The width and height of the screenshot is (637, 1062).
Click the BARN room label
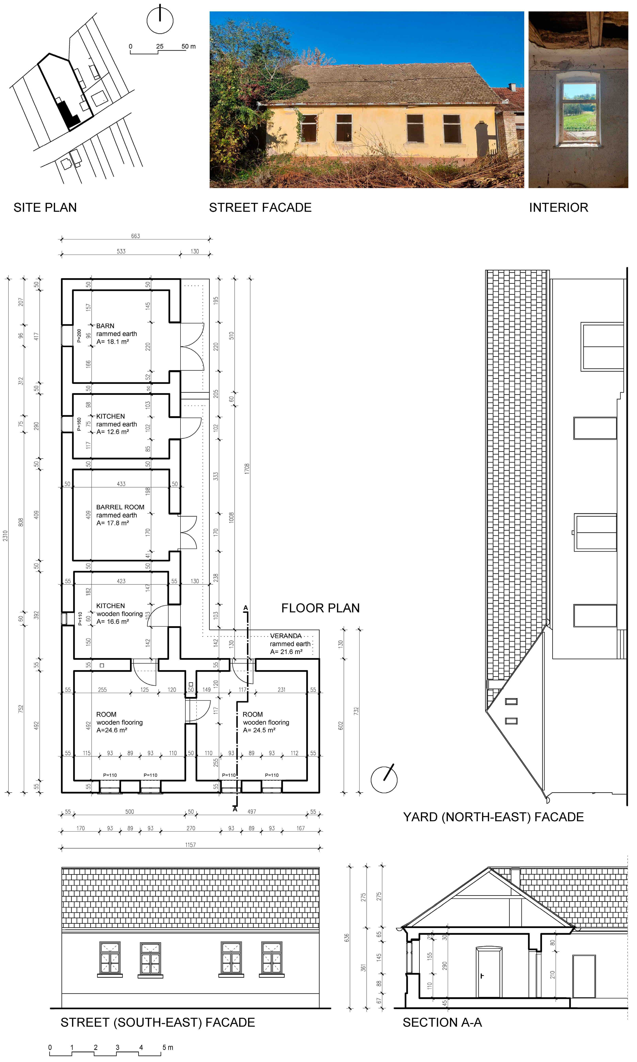pos(105,326)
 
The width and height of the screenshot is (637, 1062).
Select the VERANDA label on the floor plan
pos(286,636)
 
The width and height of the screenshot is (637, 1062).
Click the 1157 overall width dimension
pos(191,845)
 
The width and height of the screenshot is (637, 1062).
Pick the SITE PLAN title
pos(45,208)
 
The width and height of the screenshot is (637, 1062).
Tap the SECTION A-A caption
pos(442,1022)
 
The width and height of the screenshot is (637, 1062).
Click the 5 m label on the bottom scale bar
pos(167,1047)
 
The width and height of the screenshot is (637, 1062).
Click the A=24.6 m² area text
pos(112,730)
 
